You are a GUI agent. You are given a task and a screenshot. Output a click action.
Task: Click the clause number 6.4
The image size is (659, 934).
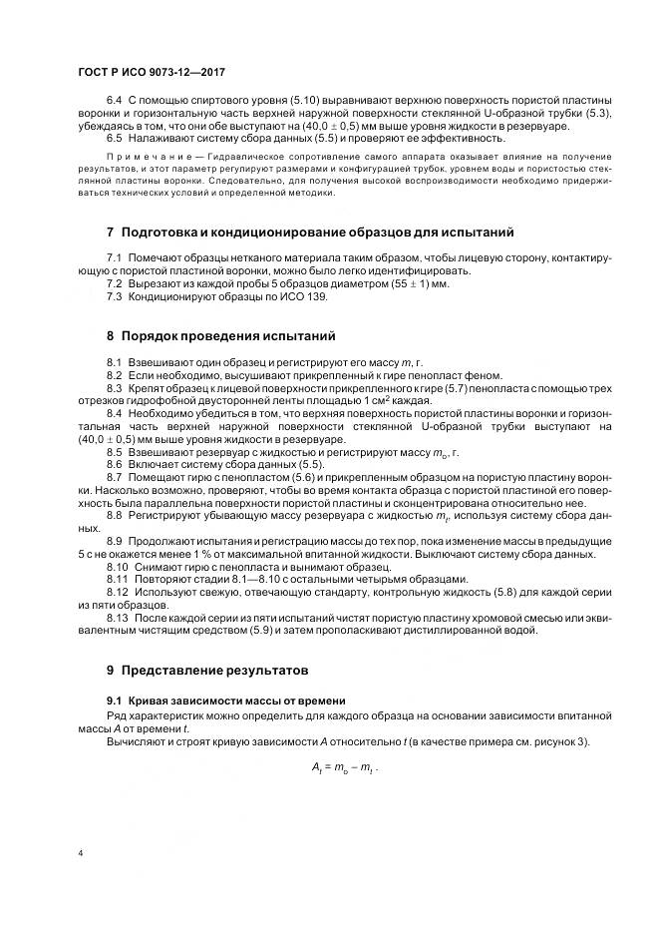113,102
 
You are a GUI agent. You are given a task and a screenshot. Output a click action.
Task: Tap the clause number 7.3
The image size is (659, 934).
113,296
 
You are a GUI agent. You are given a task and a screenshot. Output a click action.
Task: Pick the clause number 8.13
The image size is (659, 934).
116,619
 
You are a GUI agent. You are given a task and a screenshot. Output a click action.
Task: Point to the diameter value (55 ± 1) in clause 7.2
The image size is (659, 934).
413,283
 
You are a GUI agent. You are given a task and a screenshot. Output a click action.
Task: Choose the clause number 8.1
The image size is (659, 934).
113,360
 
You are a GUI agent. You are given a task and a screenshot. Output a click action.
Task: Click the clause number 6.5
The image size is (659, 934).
113,139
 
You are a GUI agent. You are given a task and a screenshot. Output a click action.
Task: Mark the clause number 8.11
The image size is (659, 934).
116,580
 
